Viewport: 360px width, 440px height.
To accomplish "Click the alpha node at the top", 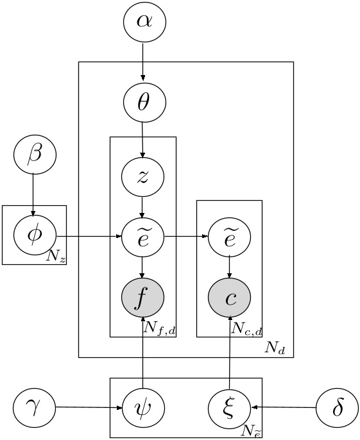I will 144,22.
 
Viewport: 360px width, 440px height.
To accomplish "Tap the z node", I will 143,175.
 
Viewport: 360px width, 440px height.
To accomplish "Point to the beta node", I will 35,155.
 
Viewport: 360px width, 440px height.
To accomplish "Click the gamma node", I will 35,407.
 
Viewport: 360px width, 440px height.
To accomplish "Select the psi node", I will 143,407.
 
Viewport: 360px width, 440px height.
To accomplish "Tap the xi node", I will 229,407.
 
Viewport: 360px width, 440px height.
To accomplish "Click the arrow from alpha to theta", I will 143,62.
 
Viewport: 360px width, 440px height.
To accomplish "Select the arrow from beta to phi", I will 34,196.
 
